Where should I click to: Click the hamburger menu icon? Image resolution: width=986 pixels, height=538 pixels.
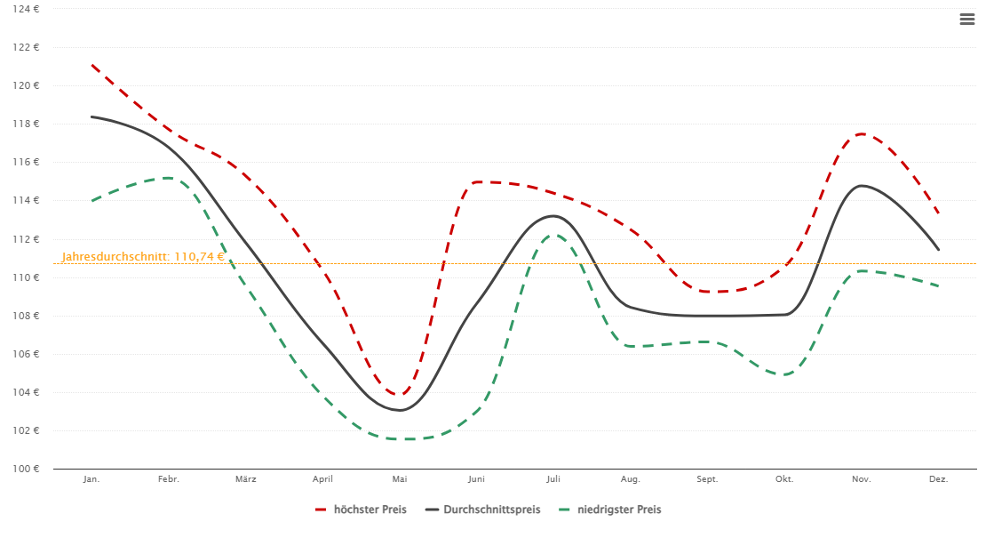pos(967,20)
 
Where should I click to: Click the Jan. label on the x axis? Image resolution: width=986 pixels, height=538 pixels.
pos(91,479)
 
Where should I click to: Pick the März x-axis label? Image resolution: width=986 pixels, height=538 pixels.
pos(246,479)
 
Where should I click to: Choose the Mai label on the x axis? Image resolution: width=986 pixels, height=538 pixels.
pos(400,479)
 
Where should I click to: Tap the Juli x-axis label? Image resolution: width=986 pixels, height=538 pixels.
pos(553,479)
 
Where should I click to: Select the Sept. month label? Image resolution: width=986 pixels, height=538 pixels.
pos(707,479)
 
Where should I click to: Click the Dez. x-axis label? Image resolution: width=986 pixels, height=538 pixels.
pos(939,479)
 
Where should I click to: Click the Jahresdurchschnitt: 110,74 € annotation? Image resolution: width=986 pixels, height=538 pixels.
pos(143,257)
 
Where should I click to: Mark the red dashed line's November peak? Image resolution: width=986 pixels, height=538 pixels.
pos(861,133)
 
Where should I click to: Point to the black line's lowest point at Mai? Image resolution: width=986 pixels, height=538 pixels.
pos(400,410)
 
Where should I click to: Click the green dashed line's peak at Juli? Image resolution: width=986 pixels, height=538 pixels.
pos(553,235)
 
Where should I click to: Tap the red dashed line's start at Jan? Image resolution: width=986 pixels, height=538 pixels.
pos(92,65)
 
